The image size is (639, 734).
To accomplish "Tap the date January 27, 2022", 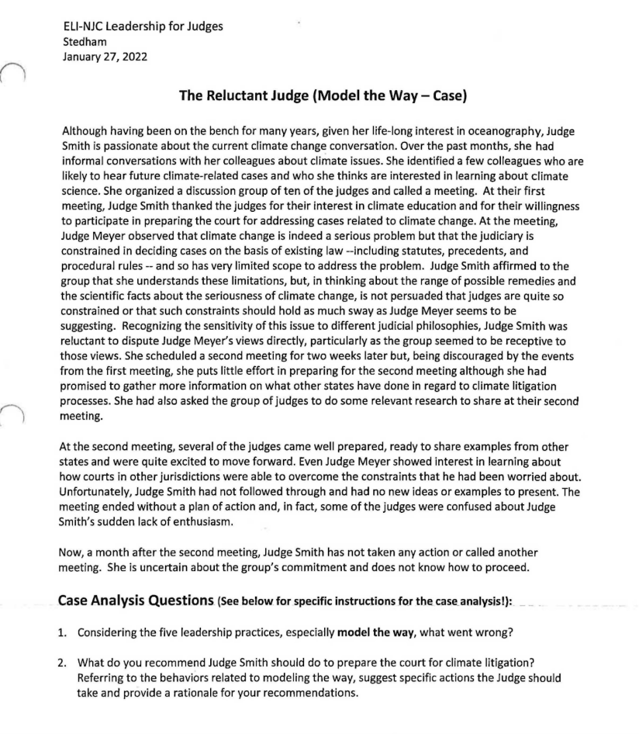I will point(105,57).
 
